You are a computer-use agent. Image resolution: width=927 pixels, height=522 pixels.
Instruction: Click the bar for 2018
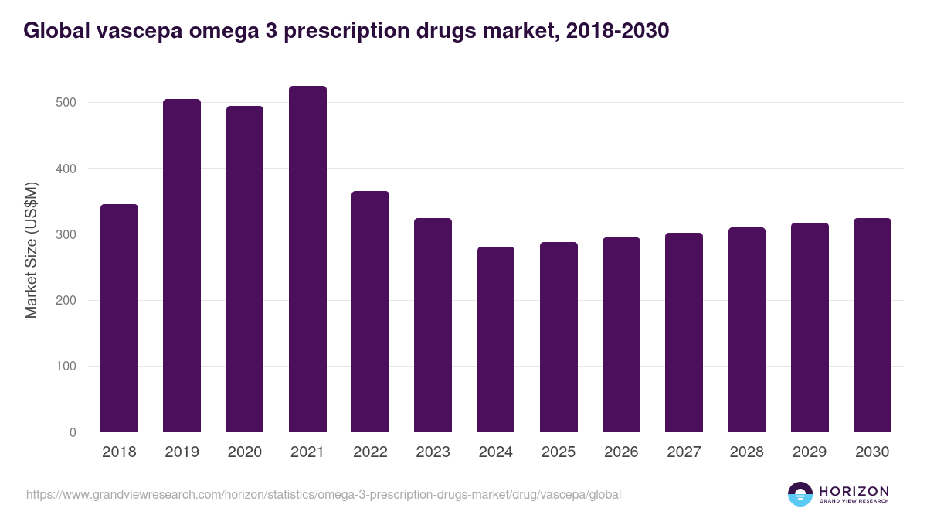119,318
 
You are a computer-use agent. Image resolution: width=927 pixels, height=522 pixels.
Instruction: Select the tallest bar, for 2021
307,259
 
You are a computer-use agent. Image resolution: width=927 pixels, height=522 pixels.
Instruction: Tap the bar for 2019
182,265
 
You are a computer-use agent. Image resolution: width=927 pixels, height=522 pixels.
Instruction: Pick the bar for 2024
496,339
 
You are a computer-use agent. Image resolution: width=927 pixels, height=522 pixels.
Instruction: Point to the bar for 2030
872,325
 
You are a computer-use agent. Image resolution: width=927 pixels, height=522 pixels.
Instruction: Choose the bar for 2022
370,311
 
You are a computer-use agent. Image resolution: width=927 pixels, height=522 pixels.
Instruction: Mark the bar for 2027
684,333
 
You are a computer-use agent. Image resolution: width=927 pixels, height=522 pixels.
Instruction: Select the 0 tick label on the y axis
73,432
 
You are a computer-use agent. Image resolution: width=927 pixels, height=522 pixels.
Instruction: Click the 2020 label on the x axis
244,452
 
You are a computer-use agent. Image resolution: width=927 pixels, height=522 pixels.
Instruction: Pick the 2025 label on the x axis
559,452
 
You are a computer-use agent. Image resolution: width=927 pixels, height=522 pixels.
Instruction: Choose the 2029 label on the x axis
810,452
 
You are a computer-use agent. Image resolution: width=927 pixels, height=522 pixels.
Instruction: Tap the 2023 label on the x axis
433,452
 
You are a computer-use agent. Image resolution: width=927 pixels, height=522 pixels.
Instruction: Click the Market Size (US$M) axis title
31,251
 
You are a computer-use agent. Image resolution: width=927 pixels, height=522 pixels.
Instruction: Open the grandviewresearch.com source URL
323,494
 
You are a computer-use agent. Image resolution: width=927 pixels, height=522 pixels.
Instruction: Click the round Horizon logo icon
800,494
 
